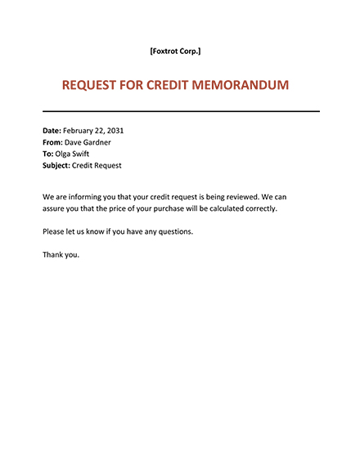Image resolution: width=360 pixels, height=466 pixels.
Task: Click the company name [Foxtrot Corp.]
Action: coord(175,52)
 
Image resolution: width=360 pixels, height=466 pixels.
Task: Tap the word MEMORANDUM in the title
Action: coord(241,85)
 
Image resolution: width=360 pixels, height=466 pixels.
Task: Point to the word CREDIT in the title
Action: coord(165,85)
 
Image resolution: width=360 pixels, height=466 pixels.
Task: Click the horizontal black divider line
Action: coord(181,111)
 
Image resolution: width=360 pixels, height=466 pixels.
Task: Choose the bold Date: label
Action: coord(52,131)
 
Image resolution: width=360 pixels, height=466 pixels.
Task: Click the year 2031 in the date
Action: coord(114,131)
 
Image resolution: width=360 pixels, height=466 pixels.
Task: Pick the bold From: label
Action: coord(52,142)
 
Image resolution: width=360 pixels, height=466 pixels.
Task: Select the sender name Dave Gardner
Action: coord(90,142)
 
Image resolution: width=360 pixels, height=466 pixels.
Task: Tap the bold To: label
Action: coord(48,154)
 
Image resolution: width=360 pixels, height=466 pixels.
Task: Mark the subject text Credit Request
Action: coord(98,165)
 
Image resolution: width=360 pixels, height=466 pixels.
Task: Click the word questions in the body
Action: coord(174,231)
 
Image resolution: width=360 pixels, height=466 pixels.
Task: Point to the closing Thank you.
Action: coord(61,254)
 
